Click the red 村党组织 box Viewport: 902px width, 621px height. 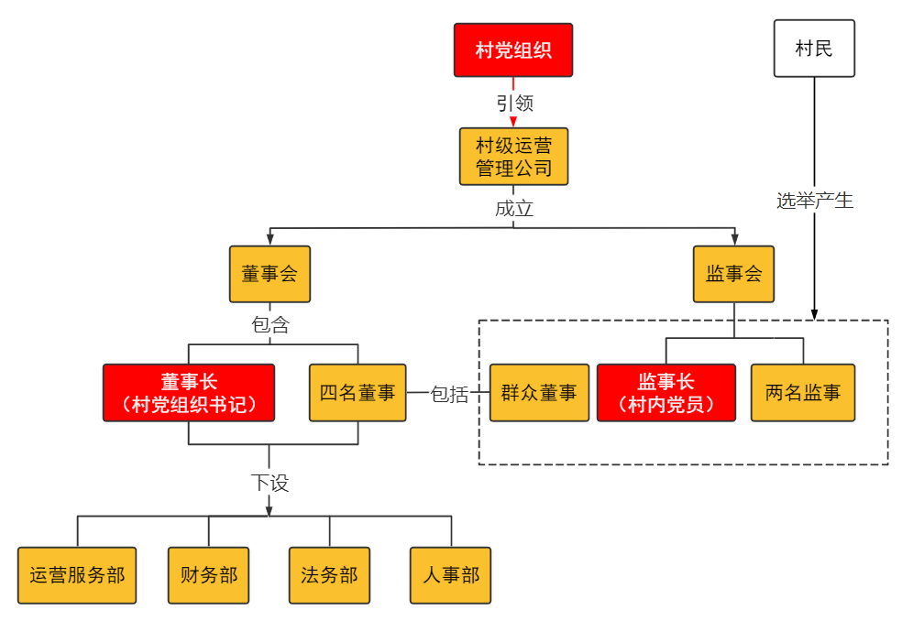513,49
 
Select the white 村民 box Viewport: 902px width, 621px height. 814,49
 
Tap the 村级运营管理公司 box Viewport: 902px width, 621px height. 513,157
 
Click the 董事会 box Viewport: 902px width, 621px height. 269,274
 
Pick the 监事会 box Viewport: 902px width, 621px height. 733,274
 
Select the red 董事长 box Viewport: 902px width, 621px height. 189,393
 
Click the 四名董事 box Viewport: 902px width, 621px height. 357,393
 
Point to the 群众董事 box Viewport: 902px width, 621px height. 539,393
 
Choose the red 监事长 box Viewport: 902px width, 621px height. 666,393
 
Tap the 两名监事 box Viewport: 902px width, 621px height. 803,393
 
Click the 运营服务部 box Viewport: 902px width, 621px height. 77,576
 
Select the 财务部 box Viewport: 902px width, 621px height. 208,576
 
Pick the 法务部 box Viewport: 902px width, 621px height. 329,576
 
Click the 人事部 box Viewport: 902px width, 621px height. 450,576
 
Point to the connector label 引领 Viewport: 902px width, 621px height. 514,103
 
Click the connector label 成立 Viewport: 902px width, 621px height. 513,208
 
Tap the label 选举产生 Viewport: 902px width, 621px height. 814,201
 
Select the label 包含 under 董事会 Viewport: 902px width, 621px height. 269,324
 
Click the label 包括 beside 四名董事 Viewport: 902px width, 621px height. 449,394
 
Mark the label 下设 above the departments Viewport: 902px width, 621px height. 269,483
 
